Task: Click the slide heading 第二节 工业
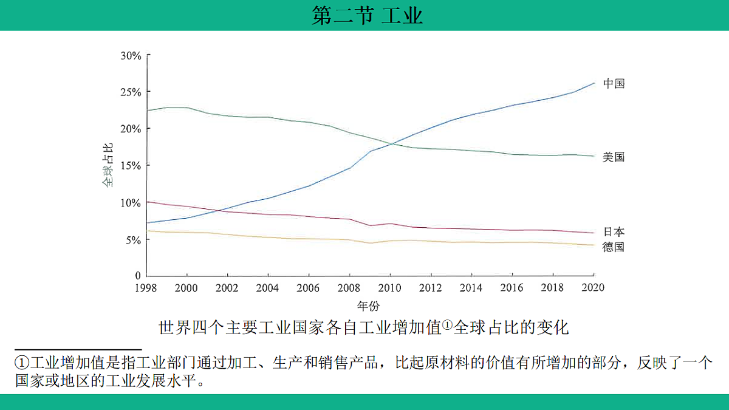click(367, 15)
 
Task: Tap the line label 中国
click(614, 84)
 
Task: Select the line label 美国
click(614, 157)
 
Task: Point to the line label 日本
click(614, 231)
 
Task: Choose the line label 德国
click(614, 247)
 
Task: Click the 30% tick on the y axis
click(131, 55)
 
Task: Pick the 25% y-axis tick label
click(131, 92)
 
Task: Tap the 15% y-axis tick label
click(131, 166)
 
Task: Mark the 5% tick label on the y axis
click(134, 240)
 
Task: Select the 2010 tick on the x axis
click(389, 288)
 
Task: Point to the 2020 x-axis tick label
click(593, 288)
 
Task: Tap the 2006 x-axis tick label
click(308, 288)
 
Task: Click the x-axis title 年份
click(369, 305)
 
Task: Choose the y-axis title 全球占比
click(107, 165)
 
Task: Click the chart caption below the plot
click(363, 328)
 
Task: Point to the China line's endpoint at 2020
click(594, 83)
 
